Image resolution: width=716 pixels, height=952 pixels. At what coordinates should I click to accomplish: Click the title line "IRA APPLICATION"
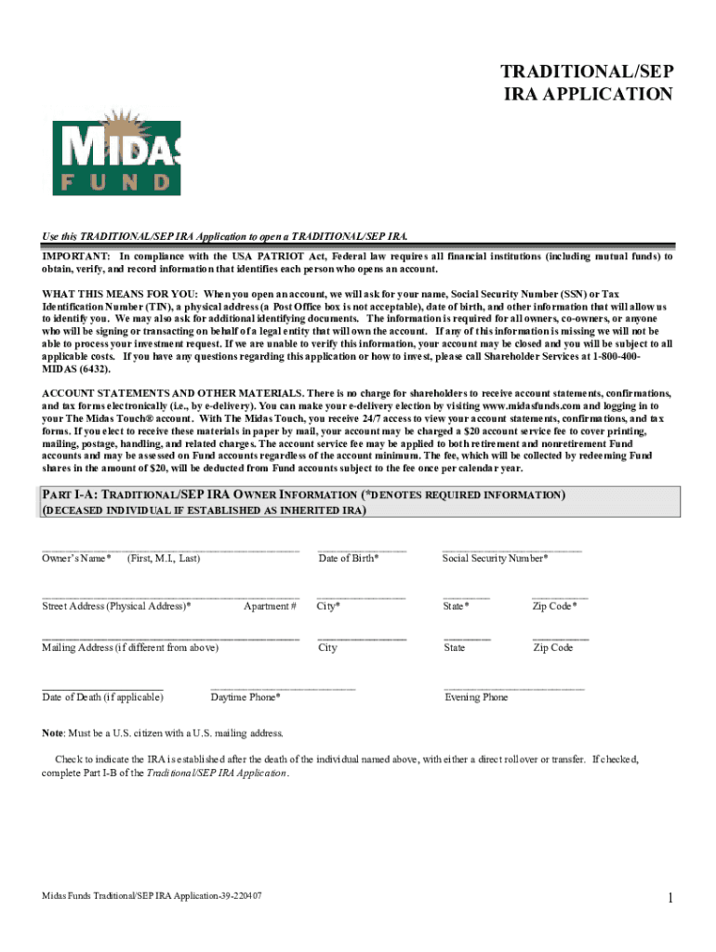point(587,94)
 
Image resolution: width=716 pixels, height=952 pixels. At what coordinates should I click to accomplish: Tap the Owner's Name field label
point(76,559)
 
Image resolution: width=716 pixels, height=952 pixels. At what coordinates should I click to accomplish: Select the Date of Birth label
point(348,559)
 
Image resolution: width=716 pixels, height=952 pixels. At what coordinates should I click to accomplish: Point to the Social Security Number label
point(495,559)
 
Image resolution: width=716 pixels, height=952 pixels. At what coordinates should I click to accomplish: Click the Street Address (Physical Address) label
point(116,607)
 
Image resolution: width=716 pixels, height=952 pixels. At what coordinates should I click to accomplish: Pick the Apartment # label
point(270,607)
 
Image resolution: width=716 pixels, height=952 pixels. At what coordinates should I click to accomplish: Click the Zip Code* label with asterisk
point(554,607)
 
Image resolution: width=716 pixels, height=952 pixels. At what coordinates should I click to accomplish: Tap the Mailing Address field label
point(130,648)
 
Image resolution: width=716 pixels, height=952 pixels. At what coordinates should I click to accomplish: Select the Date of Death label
point(102,697)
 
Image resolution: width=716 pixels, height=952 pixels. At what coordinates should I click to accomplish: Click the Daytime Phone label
point(245,697)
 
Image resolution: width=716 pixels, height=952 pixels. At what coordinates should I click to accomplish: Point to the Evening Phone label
point(476,697)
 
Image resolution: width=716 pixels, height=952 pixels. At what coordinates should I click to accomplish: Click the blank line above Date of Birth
point(362,550)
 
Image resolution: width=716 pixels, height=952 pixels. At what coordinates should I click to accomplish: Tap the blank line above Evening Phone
point(514,689)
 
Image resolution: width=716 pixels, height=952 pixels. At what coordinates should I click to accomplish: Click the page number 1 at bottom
point(670,898)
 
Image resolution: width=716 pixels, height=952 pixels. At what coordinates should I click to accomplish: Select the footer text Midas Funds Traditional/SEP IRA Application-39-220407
point(152,895)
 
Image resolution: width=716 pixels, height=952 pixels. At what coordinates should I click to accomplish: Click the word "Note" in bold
point(52,733)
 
